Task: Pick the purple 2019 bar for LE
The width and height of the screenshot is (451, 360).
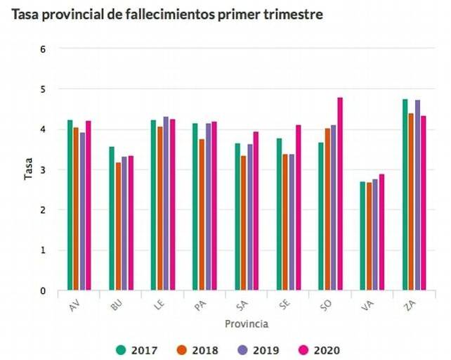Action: [x=166, y=203]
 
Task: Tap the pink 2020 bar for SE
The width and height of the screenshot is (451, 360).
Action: [x=298, y=207]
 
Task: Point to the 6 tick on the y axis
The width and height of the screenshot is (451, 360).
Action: [x=44, y=49]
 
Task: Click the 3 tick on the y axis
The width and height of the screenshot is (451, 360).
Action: [x=44, y=169]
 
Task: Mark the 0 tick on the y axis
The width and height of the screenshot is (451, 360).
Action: [x=44, y=290]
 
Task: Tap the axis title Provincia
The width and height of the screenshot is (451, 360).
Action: [x=247, y=324]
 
